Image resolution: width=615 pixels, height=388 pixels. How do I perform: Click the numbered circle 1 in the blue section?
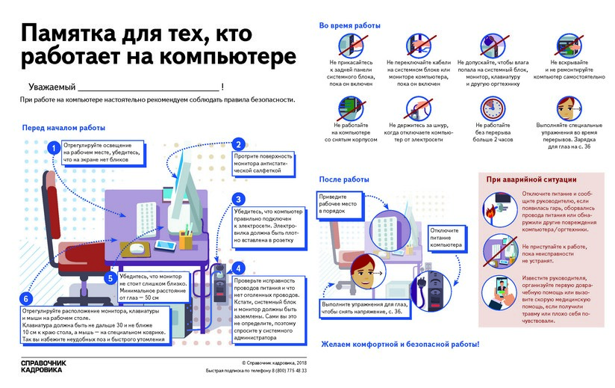coord(53,149)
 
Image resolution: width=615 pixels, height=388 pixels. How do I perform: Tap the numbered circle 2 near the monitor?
coord(237,145)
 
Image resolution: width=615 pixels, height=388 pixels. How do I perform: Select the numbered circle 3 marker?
coord(237,200)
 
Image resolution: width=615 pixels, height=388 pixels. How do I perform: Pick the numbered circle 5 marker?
coord(110,278)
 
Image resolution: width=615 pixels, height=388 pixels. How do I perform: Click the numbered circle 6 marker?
coord(28,301)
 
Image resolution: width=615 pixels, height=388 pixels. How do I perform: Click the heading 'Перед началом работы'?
coord(63,128)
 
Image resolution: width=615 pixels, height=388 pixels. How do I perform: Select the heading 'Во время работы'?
coord(349,25)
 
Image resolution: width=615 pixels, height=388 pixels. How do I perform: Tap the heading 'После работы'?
coord(344,179)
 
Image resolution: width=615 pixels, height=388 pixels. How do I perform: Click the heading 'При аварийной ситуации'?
coord(531,180)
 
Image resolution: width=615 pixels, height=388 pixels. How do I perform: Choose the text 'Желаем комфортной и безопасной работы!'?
coord(399,345)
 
